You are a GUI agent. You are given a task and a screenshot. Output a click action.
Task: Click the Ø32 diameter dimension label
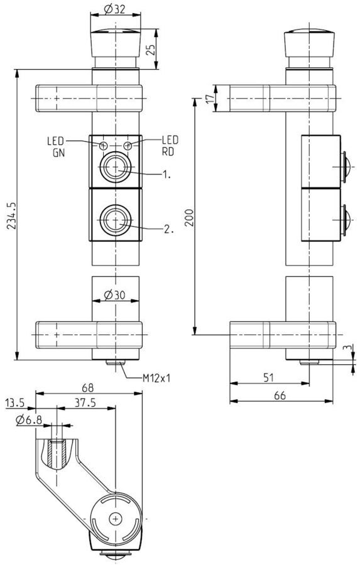(x=114, y=9)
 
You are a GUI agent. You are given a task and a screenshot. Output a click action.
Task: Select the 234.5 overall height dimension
(x=11, y=215)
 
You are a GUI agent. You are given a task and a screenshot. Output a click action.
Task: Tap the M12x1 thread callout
(x=156, y=378)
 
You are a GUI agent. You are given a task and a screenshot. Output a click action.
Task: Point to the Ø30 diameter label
(x=114, y=295)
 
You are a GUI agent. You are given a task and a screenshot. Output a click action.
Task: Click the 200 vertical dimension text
(x=189, y=217)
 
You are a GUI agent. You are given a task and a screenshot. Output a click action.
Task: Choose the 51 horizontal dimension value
(x=268, y=377)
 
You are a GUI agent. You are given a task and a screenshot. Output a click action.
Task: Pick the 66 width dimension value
(x=280, y=395)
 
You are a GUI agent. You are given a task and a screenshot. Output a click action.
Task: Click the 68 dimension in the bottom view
(x=88, y=388)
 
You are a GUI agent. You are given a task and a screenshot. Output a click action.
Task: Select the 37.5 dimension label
(x=85, y=402)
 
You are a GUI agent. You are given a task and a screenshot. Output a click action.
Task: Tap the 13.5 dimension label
(x=15, y=402)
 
